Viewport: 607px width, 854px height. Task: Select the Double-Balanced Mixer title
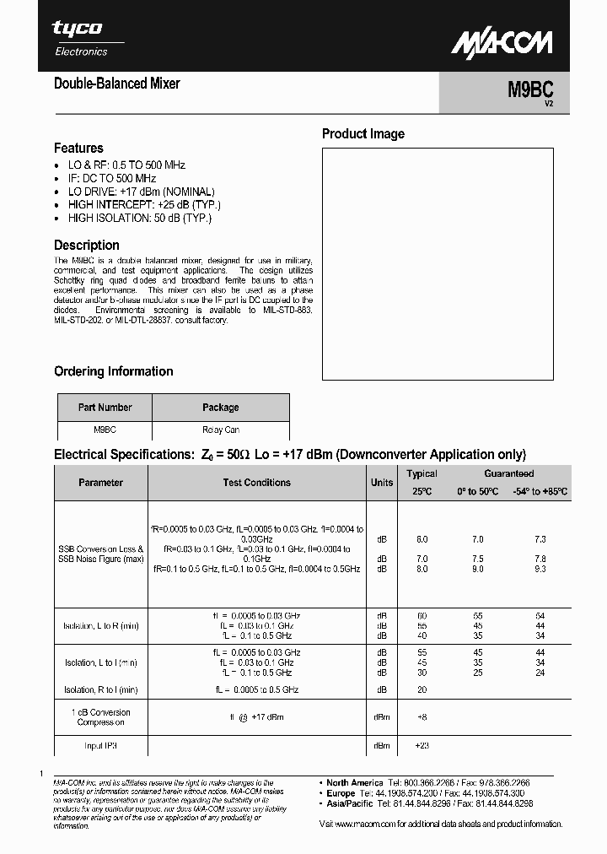tap(116, 84)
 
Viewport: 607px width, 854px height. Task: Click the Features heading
tap(78, 148)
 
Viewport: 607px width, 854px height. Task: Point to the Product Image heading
tap(363, 133)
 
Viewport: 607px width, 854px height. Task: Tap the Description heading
tap(87, 246)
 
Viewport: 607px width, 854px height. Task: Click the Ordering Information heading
tap(113, 371)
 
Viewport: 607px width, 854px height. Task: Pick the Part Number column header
tap(105, 408)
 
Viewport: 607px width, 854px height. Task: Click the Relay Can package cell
tap(220, 430)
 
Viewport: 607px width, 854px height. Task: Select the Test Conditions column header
tap(256, 483)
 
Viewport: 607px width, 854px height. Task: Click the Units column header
tap(382, 483)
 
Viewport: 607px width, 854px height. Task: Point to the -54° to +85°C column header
tap(540, 491)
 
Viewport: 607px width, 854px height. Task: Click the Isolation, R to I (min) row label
tap(100, 689)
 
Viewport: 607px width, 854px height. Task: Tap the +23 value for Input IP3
tap(422, 746)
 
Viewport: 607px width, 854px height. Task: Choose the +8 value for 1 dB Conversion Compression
tap(422, 716)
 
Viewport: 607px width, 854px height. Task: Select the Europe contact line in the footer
tap(426, 794)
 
